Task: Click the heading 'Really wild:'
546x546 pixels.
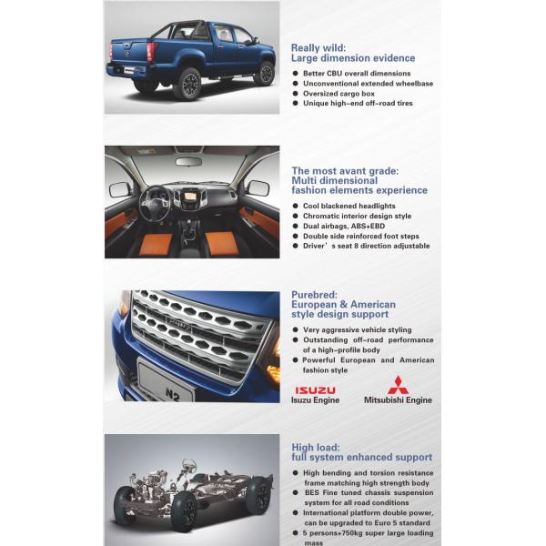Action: click(x=318, y=47)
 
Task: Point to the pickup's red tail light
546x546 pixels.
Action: click(x=151, y=52)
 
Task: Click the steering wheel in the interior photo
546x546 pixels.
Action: click(x=157, y=204)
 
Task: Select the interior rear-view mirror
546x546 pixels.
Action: click(x=189, y=161)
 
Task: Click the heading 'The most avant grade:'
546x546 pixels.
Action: click(x=345, y=170)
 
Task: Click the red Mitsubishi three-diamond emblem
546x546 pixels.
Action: click(x=398, y=385)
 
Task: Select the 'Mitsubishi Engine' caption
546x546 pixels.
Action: click(x=398, y=400)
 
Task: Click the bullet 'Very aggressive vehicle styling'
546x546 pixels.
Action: click(x=356, y=329)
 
